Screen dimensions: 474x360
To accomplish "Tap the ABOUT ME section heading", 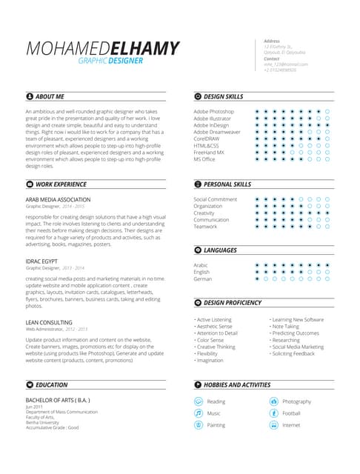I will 50,96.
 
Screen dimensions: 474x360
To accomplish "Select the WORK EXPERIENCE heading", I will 61,184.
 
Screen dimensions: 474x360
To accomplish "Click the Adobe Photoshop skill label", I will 213,111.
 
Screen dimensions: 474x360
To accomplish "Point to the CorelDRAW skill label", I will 208,138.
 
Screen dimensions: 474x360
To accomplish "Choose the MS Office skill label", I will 204,158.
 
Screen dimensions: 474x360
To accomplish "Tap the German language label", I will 203,279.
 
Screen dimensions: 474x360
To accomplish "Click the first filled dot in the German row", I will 256,279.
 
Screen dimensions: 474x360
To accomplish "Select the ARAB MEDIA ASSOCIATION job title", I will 58,199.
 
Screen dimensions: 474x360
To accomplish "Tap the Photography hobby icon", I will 273,401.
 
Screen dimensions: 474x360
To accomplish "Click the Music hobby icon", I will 198,413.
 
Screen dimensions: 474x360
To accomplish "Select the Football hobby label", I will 291,413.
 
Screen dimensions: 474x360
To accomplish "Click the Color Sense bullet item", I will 211,340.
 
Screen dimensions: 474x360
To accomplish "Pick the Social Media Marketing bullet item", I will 297,347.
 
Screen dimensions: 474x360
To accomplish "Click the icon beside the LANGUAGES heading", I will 198,251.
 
